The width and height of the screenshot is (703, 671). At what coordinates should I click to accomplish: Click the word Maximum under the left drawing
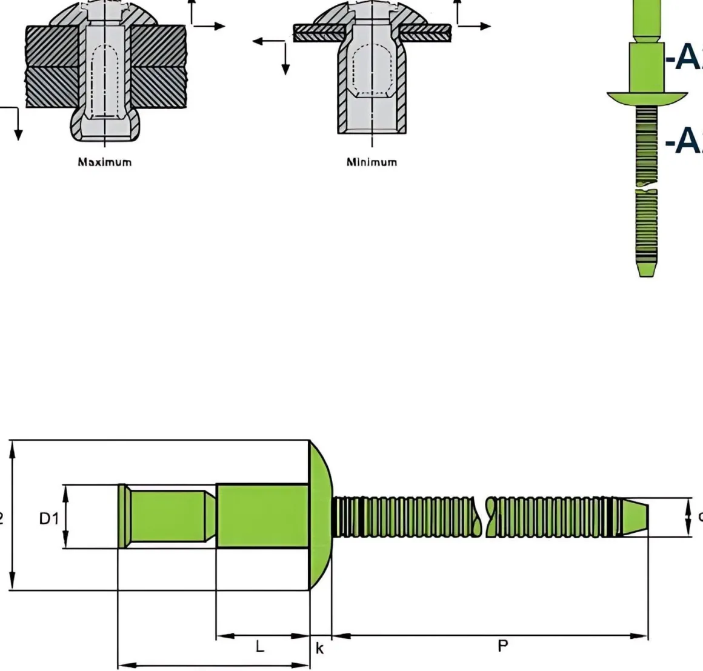click(x=104, y=162)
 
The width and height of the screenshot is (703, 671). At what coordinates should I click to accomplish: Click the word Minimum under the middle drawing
click(x=371, y=162)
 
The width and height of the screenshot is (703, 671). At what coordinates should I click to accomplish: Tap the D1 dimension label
click(x=49, y=518)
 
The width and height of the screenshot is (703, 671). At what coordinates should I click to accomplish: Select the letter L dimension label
click(x=260, y=647)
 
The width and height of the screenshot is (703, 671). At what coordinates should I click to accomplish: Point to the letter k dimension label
click(x=320, y=649)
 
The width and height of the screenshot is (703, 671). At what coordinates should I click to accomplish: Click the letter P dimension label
click(x=502, y=646)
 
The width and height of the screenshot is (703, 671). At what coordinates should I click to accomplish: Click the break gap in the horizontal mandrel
click(x=484, y=517)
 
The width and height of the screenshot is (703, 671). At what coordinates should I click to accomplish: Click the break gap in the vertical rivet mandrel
click(x=647, y=186)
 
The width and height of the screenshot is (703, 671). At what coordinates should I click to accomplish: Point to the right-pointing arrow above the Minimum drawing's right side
click(x=483, y=26)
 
